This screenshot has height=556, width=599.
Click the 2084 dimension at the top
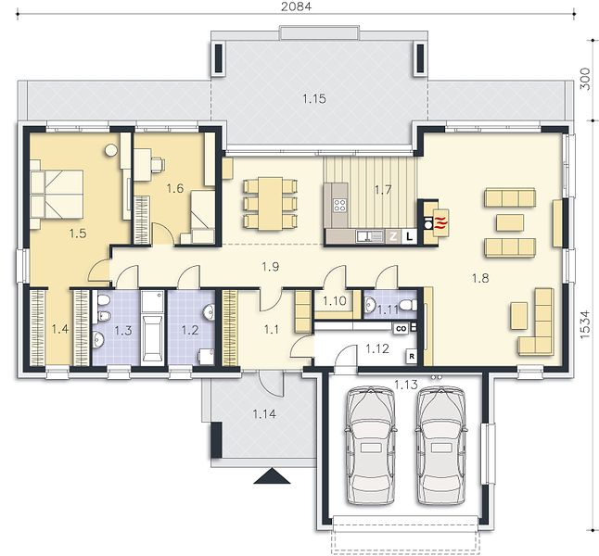click(296, 6)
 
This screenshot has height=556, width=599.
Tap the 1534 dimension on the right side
click(584, 324)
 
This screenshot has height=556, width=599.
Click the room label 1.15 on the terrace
click(314, 99)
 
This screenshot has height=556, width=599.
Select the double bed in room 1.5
click(57, 195)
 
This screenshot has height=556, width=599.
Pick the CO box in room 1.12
click(401, 328)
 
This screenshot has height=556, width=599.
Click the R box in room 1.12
click(412, 356)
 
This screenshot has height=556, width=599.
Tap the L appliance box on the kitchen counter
click(410, 236)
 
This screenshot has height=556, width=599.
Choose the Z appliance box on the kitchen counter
click(393, 236)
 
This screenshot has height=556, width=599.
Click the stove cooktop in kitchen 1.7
click(339, 206)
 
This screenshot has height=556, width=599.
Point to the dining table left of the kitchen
click(270, 204)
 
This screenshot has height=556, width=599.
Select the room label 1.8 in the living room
click(480, 278)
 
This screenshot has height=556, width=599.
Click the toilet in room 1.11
click(408, 306)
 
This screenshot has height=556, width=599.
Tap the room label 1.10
click(334, 301)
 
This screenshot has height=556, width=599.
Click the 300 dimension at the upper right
click(584, 79)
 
